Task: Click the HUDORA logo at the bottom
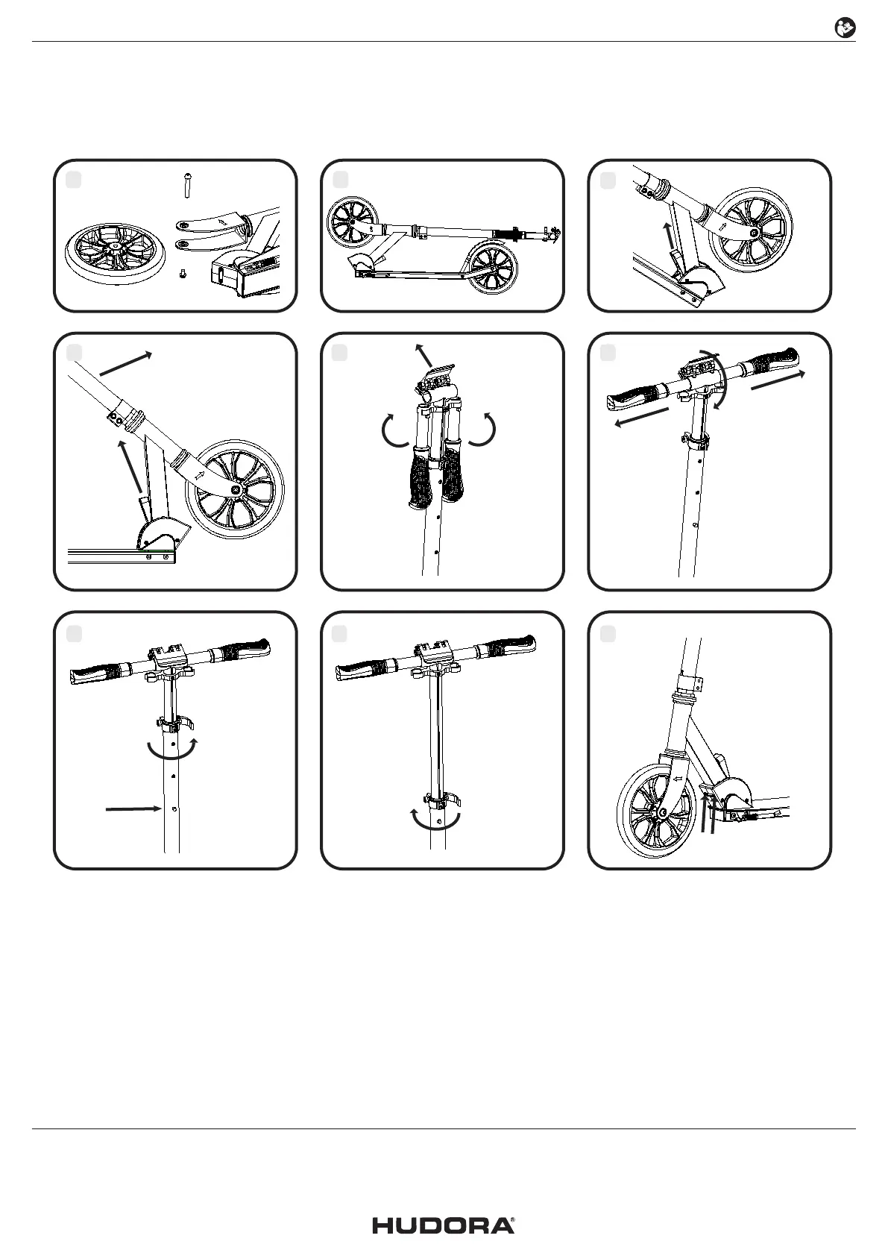tap(444, 1225)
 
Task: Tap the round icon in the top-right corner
tap(844, 28)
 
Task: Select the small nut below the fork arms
tap(182, 275)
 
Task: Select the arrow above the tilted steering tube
tap(125, 363)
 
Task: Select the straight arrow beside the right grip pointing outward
tap(778, 380)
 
